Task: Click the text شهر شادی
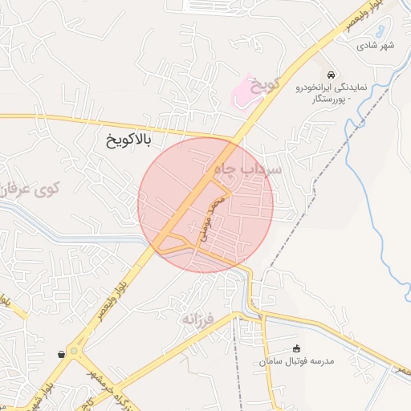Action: [x=376, y=45]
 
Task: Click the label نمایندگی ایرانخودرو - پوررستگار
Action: [x=329, y=91]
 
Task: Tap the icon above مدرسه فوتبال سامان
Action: [x=296, y=348]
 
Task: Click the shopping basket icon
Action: [x=62, y=353]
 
